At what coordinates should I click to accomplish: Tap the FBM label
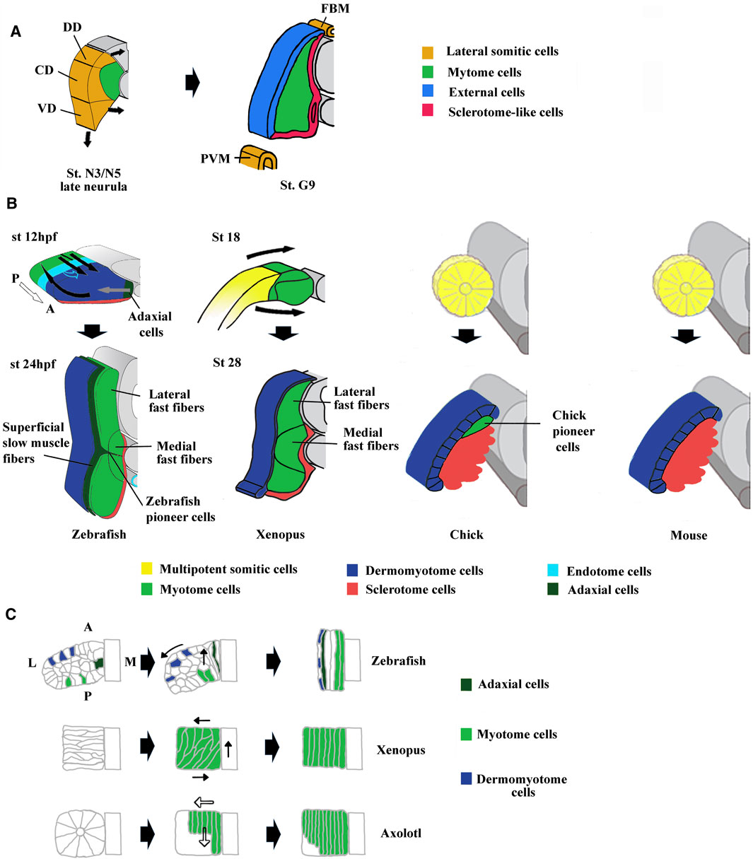[x=334, y=9]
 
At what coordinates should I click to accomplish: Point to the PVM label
[x=216, y=159]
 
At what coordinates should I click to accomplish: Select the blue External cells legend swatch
[x=427, y=92]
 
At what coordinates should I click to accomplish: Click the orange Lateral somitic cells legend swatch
[x=427, y=52]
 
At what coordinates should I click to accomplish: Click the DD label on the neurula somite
[x=72, y=28]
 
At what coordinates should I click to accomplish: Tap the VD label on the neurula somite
[x=47, y=109]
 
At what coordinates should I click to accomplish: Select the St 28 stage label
[x=226, y=363]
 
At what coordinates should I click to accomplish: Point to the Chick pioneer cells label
[x=569, y=431]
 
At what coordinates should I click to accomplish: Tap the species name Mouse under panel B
[x=689, y=535]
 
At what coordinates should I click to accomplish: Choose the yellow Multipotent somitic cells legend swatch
[x=146, y=569]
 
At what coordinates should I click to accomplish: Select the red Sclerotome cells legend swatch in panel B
[x=351, y=590]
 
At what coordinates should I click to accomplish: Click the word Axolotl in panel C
[x=400, y=833]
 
